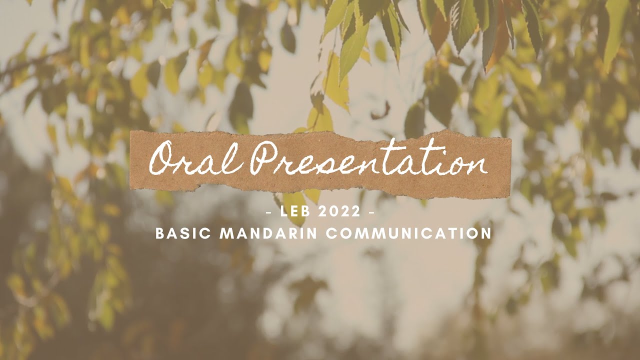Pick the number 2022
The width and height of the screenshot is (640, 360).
click(x=338, y=211)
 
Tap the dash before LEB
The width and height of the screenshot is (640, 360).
click(x=270, y=212)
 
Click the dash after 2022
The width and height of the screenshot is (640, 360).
click(x=371, y=212)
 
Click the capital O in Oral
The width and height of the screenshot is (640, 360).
click(x=163, y=159)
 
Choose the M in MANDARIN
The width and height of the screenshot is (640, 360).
click(x=226, y=233)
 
